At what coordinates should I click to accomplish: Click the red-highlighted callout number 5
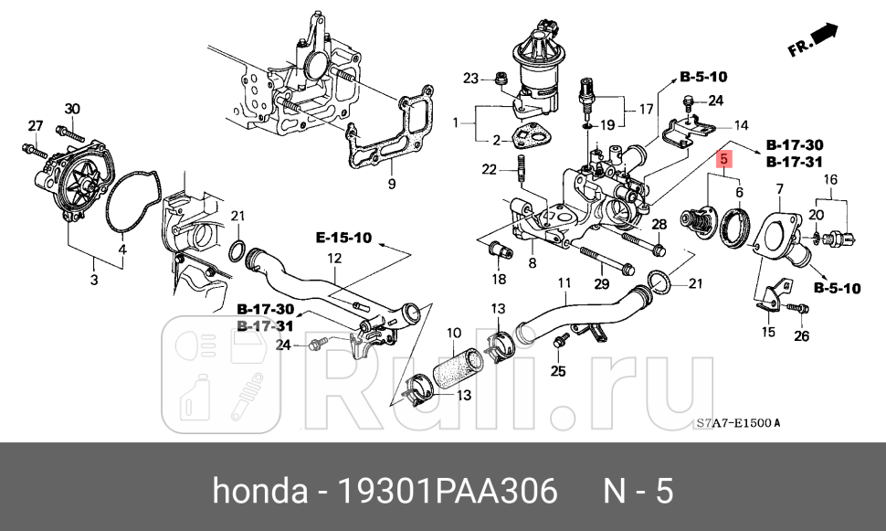[x=724, y=158]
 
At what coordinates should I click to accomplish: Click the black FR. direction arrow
[x=825, y=35]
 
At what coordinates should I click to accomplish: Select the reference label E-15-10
[x=344, y=239]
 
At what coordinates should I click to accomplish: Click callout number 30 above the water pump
[x=72, y=109]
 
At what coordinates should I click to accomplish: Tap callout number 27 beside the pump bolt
[x=35, y=125]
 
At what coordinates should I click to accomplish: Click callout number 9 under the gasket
[x=391, y=184]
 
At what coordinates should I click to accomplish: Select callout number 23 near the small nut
[x=470, y=78]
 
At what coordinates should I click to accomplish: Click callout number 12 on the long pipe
[x=335, y=259]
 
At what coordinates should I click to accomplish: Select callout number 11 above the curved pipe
[x=564, y=282]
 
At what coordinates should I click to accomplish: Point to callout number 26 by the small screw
[x=801, y=335]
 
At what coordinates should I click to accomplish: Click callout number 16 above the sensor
[x=830, y=179]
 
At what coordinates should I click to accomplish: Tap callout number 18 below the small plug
[x=499, y=278]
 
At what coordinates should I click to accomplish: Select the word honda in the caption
[x=259, y=492]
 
